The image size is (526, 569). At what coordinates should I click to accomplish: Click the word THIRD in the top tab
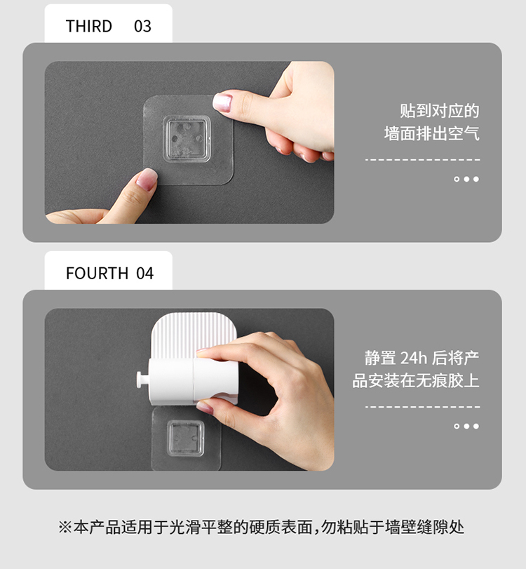(89, 26)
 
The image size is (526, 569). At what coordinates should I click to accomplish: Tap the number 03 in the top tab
(142, 26)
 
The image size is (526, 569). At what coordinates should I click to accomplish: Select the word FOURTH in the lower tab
(97, 273)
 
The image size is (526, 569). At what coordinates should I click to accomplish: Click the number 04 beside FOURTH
(145, 273)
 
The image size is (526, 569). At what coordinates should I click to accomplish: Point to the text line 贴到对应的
(440, 111)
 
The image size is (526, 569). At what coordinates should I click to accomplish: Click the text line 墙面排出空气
(432, 133)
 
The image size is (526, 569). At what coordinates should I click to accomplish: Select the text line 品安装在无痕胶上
(416, 381)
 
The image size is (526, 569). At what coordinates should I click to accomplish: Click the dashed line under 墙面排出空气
(423, 160)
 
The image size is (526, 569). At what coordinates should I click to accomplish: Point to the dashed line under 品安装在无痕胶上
(423, 407)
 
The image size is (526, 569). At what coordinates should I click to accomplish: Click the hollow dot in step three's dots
(457, 179)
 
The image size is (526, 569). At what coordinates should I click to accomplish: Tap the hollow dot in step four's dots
(457, 426)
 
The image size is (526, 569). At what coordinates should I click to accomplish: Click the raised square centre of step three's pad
(187, 139)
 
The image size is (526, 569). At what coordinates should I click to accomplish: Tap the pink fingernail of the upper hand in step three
(222, 102)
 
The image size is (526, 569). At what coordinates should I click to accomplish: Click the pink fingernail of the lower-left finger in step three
(147, 180)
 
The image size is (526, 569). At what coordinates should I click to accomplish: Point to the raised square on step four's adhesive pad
(185, 439)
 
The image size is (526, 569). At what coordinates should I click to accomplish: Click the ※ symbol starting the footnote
(65, 528)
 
